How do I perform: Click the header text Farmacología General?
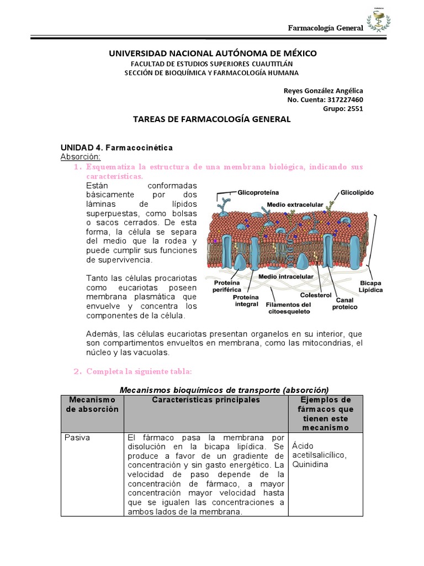(326, 29)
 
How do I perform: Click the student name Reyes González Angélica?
(323, 91)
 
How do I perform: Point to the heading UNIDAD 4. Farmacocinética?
(116, 148)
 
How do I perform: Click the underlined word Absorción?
(81, 157)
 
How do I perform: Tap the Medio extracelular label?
(294, 204)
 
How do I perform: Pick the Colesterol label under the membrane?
(315, 295)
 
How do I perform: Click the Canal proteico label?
(344, 303)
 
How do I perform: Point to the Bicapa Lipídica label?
(370, 286)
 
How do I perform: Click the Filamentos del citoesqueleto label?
(288, 308)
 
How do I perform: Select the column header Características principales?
(205, 400)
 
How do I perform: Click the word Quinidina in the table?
(310, 464)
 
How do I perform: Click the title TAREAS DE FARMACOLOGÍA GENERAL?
(212, 119)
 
